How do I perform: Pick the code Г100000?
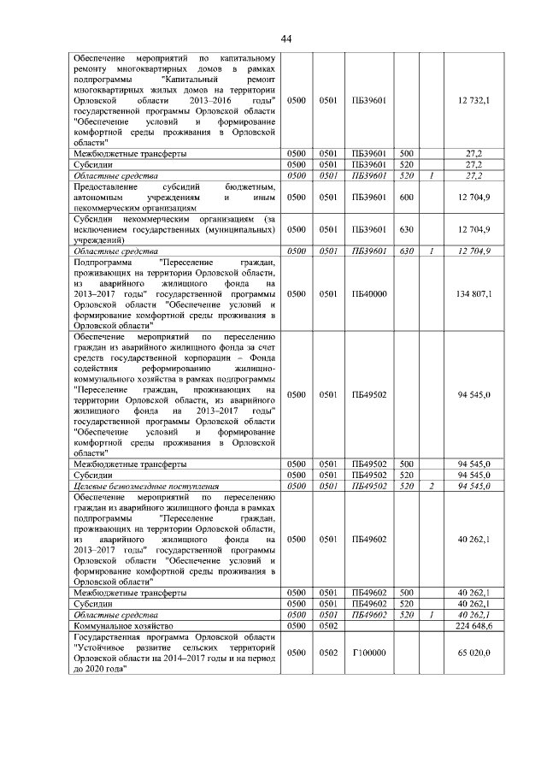click(x=370, y=653)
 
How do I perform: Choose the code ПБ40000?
click(x=370, y=293)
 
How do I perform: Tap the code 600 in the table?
click(x=407, y=197)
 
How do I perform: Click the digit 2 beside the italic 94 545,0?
click(x=432, y=485)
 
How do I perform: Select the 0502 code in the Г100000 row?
click(x=328, y=653)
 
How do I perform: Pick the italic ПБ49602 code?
click(x=370, y=615)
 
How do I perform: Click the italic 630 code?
click(x=407, y=251)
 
